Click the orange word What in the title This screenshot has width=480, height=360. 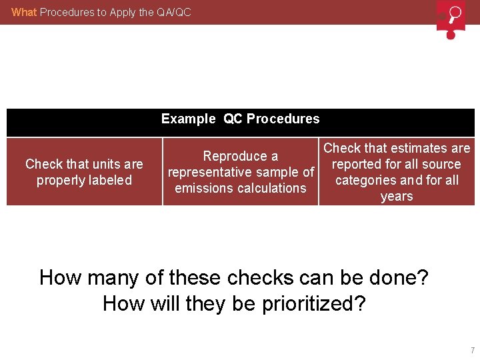(24, 12)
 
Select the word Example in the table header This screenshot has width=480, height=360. (189, 119)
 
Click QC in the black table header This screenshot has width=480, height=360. (233, 119)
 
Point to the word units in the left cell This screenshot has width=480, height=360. (98, 164)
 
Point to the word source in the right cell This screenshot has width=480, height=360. (441, 164)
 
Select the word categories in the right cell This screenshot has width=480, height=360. (365, 180)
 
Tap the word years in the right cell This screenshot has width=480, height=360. (397, 196)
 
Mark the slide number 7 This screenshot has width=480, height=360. (472, 350)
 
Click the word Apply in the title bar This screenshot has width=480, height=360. (111, 12)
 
